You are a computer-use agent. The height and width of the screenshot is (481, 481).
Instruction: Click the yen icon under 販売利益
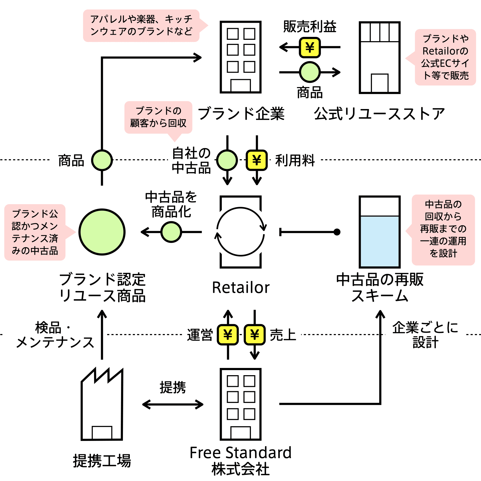pos(310,48)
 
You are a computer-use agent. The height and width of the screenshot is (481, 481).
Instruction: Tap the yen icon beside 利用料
pos(257,160)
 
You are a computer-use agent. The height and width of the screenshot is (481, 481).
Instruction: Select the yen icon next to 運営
pos(228,335)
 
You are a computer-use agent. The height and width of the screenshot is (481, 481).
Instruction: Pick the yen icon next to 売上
pos(255,335)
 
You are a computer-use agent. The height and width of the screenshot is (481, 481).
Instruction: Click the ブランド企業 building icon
pos(241,57)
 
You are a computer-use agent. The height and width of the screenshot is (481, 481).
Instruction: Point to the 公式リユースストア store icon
pos(380,57)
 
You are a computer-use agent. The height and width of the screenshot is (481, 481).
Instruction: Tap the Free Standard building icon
pos(241,404)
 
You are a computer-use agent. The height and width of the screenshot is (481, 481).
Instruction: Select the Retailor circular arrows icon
pos(241,232)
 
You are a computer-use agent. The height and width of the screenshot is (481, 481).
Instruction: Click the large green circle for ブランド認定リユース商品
pos(102,232)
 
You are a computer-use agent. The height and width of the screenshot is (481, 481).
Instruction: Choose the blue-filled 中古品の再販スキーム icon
pos(380,232)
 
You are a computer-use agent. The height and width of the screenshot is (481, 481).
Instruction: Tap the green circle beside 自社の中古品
pos(227,160)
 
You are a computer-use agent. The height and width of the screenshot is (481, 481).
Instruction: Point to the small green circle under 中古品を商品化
pos(171,232)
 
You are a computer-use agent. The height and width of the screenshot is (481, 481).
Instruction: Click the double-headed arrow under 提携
pos(173,404)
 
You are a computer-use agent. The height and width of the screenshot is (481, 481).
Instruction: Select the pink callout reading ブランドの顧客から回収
pos(158,118)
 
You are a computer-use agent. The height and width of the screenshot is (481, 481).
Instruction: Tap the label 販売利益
pos(310,26)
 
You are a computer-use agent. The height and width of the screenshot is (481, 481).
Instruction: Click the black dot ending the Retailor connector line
pos(337,232)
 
